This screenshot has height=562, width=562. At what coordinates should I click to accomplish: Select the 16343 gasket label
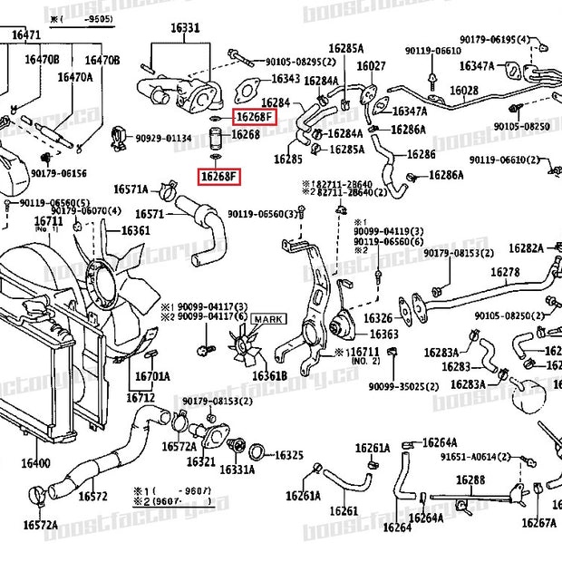[286, 80]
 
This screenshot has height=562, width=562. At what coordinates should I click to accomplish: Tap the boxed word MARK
[268, 319]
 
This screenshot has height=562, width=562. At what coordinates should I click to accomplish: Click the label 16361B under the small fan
[269, 375]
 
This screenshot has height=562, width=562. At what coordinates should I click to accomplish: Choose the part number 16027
[371, 65]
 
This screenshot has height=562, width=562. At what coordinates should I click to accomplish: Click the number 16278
[505, 272]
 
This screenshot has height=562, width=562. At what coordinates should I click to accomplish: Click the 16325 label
[288, 455]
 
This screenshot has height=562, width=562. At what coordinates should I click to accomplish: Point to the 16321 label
[200, 461]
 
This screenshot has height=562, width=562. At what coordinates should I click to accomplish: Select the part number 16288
[470, 480]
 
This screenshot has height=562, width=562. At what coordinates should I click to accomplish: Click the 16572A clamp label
[40, 525]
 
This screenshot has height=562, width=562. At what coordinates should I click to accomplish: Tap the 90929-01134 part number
[163, 138]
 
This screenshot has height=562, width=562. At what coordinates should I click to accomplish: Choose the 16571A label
[131, 189]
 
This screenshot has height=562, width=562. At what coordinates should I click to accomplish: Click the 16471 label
[25, 35]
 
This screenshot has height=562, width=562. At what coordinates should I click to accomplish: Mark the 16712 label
[140, 397]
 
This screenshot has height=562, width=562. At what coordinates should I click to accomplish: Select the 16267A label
[538, 522]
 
